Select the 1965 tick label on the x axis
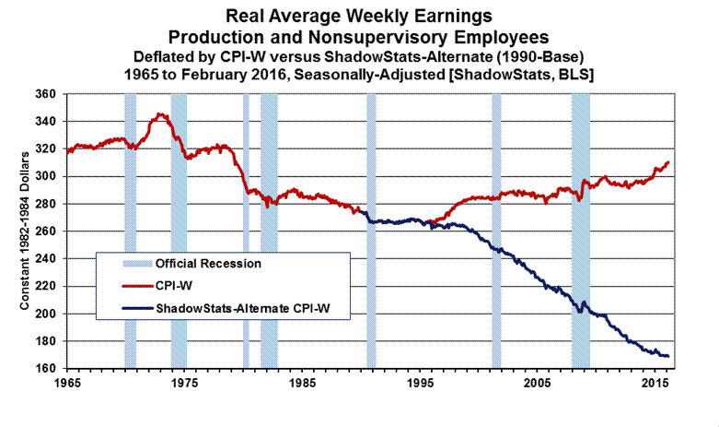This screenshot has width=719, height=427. pos(67,381)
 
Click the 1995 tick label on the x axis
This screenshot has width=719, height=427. pos(420,381)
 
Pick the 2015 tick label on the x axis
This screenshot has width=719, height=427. pos(655,381)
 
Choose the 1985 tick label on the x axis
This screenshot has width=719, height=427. pos(302,381)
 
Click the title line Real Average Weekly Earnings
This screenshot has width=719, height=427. pos(359,17)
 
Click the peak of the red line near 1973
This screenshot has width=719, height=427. pos(161,114)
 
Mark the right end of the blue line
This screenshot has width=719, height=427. pos(668,356)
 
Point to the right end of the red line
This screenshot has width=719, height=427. pos(668,162)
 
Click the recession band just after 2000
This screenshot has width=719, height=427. pos(496,231)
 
